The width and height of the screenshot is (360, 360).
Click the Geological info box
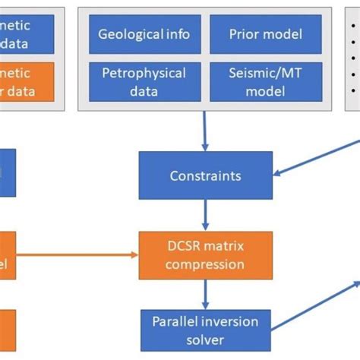point(144,35)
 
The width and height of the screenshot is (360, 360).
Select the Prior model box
point(256,35)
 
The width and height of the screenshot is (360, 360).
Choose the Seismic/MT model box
point(256,81)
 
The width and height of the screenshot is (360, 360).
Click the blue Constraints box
point(205,175)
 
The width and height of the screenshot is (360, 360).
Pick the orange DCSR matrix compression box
point(205,255)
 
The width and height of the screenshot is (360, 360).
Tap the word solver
point(205,339)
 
